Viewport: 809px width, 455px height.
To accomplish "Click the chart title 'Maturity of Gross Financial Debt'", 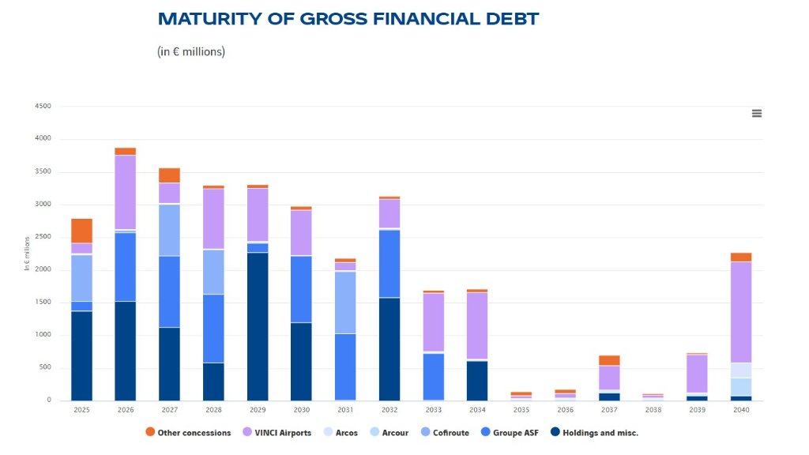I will [348, 19].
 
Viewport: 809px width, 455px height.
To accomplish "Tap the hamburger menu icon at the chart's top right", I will [756, 114].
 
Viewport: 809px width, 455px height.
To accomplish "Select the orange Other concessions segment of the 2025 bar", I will [81, 231].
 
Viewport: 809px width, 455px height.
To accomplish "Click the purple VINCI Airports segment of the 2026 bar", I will [125, 192].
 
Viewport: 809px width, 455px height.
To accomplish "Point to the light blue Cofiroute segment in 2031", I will [344, 303].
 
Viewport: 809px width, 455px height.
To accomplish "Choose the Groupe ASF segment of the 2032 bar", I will [389, 264].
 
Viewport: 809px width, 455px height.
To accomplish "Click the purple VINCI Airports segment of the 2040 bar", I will [741, 312].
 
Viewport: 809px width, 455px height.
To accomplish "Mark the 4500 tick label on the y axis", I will [43, 106].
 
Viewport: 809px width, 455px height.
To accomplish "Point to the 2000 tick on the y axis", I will [43, 269].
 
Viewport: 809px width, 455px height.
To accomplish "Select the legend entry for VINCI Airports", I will [284, 433].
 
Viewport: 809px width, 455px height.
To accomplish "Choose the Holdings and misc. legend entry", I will [596, 433].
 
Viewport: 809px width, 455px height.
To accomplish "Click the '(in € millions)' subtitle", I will [191, 52].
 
